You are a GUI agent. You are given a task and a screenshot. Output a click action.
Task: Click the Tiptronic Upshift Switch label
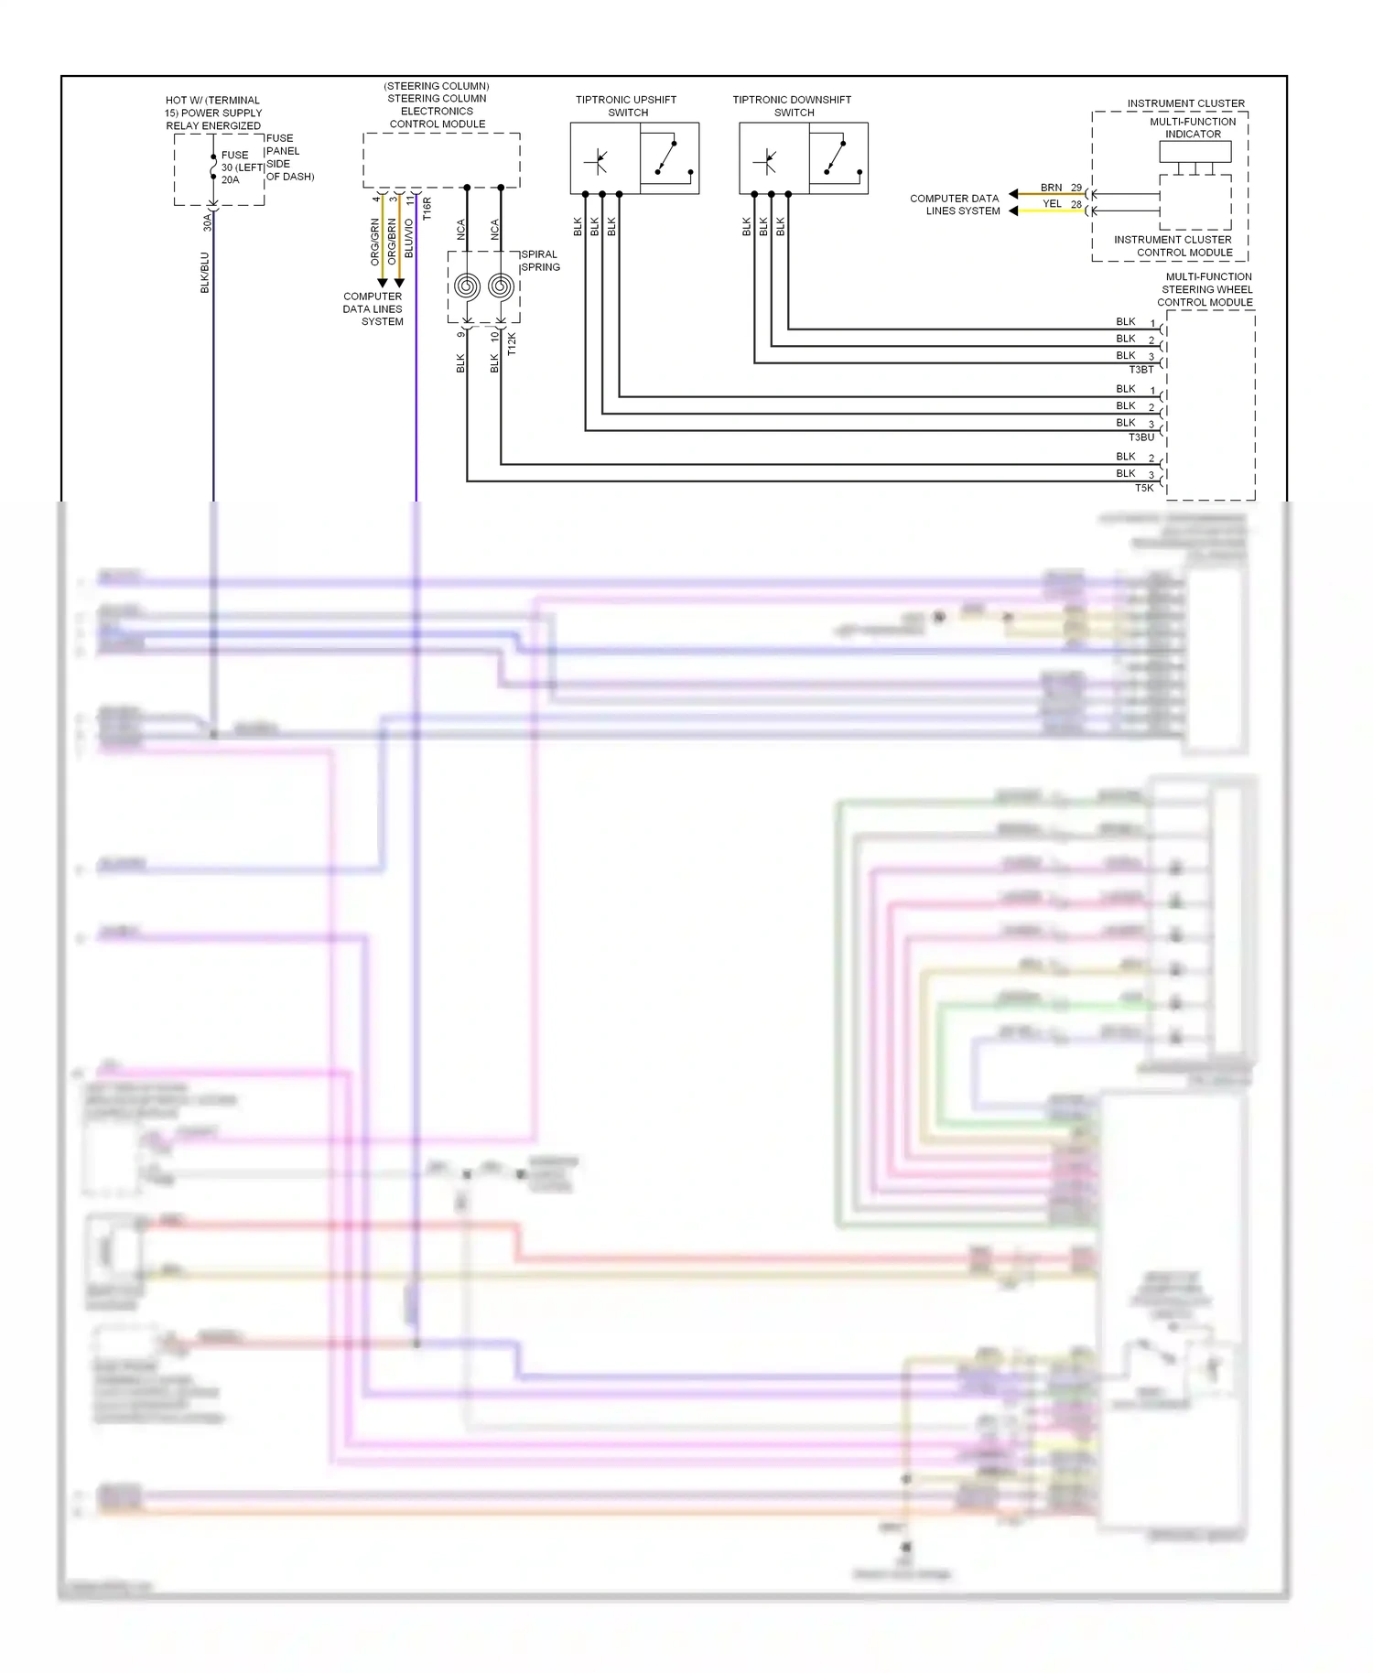pyautogui.click(x=627, y=106)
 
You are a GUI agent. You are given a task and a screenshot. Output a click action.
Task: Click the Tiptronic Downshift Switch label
pyautogui.click(x=793, y=106)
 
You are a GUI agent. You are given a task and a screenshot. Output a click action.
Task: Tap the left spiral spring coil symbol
pyautogui.click(x=467, y=286)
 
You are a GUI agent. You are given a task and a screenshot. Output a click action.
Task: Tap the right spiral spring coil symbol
pyautogui.click(x=501, y=286)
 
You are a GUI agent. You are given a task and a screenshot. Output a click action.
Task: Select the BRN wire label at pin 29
pyautogui.click(x=1051, y=188)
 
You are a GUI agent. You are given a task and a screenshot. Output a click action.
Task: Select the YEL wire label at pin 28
pyautogui.click(x=1052, y=204)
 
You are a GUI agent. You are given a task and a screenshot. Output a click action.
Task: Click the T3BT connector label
pyautogui.click(x=1141, y=370)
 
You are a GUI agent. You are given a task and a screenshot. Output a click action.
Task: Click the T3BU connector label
pyautogui.click(x=1141, y=437)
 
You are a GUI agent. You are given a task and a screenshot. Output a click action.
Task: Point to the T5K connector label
pyautogui.click(x=1144, y=488)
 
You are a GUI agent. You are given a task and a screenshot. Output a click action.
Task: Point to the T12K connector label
pyautogui.click(x=512, y=344)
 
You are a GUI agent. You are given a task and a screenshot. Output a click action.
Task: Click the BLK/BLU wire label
pyautogui.click(x=205, y=273)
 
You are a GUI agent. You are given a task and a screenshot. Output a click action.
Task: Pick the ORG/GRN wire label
pyautogui.click(x=375, y=242)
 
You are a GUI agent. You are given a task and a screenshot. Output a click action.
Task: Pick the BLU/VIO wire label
pyautogui.click(x=409, y=238)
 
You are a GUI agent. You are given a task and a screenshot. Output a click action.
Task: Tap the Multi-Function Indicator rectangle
pyautogui.click(x=1195, y=152)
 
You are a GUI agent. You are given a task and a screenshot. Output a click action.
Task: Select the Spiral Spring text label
pyautogui.click(x=540, y=261)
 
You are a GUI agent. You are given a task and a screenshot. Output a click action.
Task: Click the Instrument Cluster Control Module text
pyautogui.click(x=1173, y=246)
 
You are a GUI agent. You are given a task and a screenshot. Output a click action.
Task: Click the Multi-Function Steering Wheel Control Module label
pyautogui.click(x=1206, y=289)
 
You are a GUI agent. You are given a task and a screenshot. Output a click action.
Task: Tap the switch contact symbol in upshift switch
pyautogui.click(x=669, y=157)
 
